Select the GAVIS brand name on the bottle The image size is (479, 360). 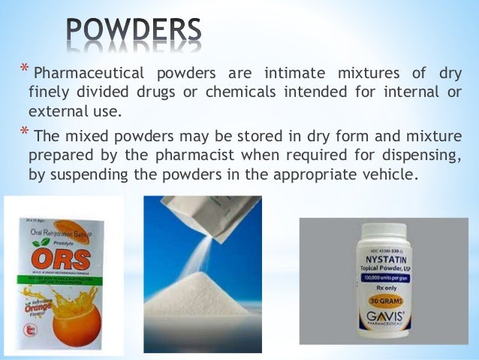coord(389,321)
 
